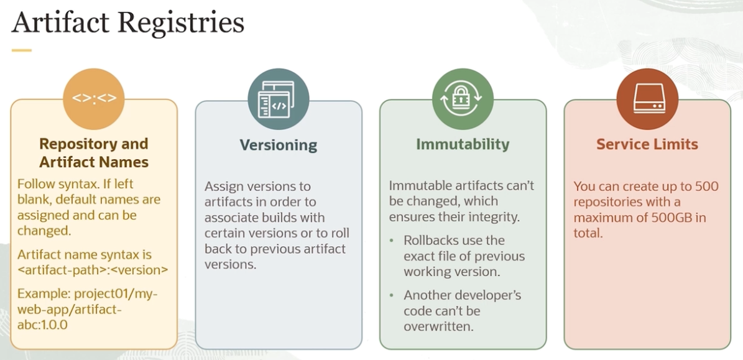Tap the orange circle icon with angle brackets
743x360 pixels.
point(94,99)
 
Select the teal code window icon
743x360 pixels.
point(279,99)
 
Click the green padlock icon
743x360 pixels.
point(463,99)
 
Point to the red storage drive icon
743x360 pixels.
point(647,99)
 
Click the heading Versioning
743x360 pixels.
point(278,144)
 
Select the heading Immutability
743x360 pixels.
point(463,144)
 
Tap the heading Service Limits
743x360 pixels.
point(647,144)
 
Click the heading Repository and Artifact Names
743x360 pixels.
point(94,152)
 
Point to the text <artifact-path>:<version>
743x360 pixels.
point(93,270)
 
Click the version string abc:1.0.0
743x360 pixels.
point(43,325)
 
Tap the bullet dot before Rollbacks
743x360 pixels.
point(392,241)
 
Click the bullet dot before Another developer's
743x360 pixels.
point(392,295)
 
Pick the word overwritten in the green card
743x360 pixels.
point(439,327)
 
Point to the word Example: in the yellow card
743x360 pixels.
point(44,293)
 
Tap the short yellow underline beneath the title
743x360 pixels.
point(21,50)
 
